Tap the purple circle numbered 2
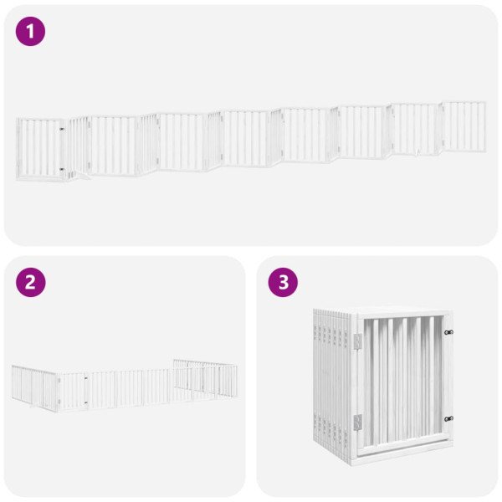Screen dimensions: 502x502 31,282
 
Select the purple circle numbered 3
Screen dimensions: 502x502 283,282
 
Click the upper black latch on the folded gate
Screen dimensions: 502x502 448,333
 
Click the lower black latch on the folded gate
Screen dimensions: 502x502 448,417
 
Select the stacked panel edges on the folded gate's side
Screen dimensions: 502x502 330,376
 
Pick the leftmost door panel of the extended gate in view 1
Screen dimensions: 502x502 40,148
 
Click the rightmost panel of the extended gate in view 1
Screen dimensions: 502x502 464,126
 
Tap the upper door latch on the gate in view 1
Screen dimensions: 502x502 62,129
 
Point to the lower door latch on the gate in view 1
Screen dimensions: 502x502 62,168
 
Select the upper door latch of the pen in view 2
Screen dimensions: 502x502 86,377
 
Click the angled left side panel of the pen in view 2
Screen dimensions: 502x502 33,386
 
